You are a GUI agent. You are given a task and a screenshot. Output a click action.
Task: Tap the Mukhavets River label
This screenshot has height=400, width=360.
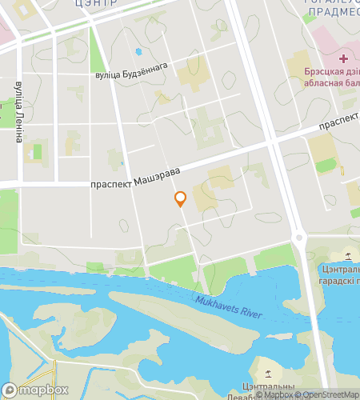229,306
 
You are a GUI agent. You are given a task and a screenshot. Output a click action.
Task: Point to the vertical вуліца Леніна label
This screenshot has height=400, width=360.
18,110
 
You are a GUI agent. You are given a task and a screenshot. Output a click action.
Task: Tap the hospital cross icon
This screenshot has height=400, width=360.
343,58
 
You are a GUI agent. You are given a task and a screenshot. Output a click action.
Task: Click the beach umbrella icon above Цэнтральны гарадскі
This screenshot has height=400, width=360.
349,256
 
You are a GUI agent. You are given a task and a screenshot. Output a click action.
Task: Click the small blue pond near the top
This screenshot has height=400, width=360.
138,52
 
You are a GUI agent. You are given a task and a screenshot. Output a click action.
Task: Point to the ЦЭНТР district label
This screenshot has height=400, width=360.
96,3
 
